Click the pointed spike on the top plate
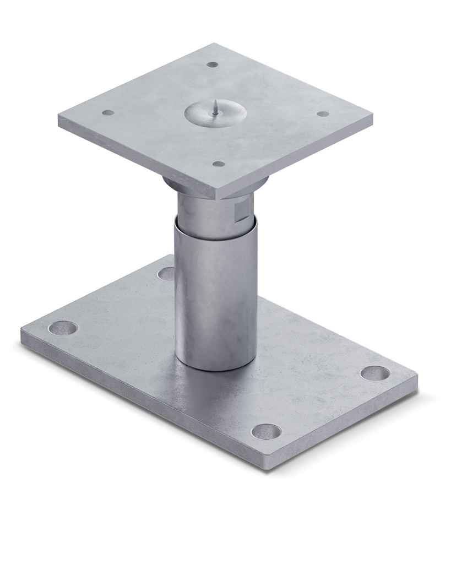click(x=213, y=107)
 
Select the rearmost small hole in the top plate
click(x=213, y=64)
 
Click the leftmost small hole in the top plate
click(x=108, y=112)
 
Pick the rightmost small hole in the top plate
click(x=323, y=114)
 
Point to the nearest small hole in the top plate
click(x=219, y=164)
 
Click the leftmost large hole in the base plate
click(x=62, y=328)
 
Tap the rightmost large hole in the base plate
click(x=375, y=373)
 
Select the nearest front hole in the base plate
click(x=266, y=431)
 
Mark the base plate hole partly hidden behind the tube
click(x=166, y=273)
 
